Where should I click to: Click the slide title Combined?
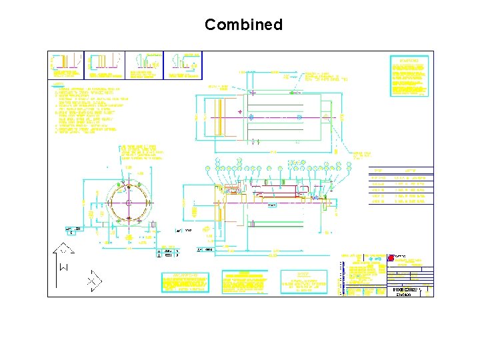(243, 25)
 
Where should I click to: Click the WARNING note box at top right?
(409, 76)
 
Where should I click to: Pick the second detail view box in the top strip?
(106, 65)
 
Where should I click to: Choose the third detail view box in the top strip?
(145, 65)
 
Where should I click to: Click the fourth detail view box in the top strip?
(183, 65)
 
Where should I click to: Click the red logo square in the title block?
(391, 256)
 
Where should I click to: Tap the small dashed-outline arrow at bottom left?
(93, 281)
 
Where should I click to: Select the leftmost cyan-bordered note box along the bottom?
(185, 282)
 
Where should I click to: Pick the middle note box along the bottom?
(245, 282)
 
